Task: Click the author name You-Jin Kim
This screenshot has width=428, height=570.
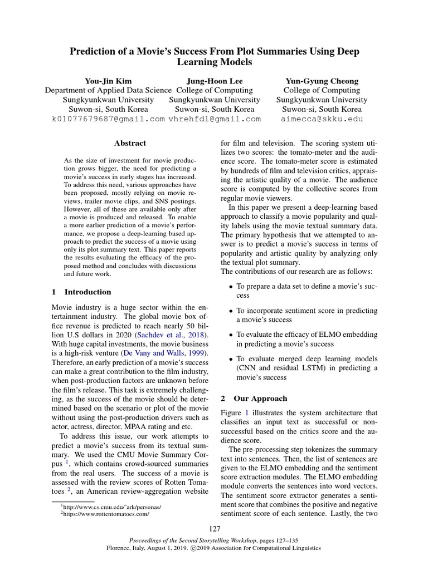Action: point(108,81)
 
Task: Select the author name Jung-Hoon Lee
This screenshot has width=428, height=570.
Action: point(215,81)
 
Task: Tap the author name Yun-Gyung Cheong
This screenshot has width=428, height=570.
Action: point(322,81)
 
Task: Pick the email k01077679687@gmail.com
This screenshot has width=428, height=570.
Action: point(108,119)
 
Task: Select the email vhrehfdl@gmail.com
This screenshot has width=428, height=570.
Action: point(215,119)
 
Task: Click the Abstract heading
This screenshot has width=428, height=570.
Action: point(130,143)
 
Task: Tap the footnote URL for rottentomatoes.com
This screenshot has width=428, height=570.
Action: point(106,514)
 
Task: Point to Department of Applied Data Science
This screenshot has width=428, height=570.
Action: point(108,90)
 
